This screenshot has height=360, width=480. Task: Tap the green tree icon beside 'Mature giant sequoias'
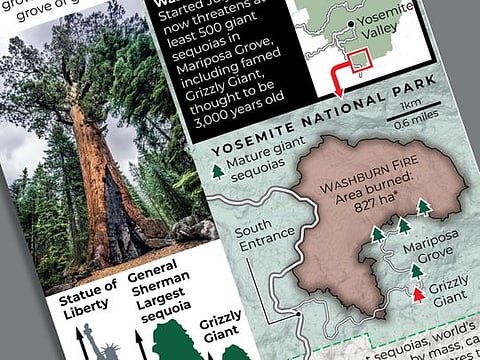217,171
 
